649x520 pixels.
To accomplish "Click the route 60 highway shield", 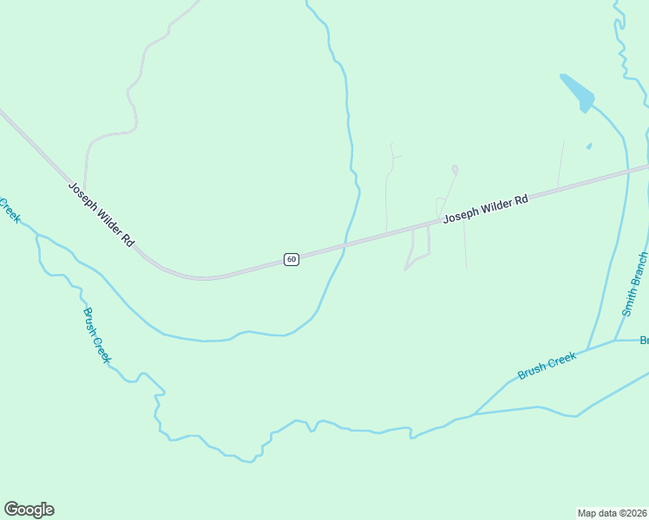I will point(292,259).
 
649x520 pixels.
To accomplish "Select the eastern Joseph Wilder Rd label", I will point(485,210).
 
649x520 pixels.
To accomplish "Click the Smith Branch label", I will point(634,284).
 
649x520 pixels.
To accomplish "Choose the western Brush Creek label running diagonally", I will point(96,335).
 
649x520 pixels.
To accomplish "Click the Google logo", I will point(29,510).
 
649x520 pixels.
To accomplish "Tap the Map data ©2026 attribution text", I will point(613,512).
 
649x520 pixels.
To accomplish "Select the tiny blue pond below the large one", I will point(589,146).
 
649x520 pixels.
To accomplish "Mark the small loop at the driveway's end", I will point(455,169).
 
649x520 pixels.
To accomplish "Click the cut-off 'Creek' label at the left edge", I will point(9,209).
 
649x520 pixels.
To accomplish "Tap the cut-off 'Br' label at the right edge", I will point(644,340).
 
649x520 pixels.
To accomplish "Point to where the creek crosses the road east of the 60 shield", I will point(345,246).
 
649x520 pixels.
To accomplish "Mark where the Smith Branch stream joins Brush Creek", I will point(615,341).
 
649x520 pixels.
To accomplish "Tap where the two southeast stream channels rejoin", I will point(474,414).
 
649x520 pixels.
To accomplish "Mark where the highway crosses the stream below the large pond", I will point(626,172).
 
